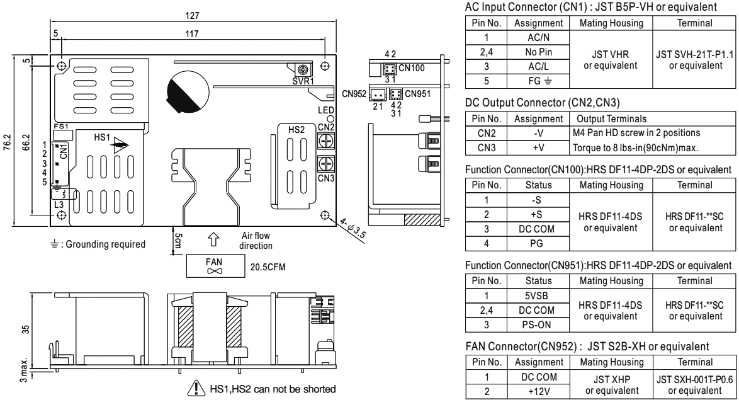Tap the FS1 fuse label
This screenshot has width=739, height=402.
61,127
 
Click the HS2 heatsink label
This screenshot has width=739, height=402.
295,129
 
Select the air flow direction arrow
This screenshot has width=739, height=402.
213,239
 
